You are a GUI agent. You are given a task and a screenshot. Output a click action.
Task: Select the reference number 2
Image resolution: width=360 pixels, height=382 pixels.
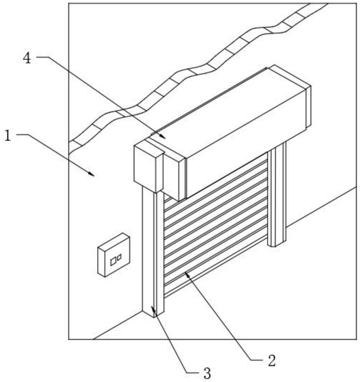[271, 360]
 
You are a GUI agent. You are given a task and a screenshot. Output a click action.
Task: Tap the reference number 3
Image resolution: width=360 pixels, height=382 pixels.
[207, 373]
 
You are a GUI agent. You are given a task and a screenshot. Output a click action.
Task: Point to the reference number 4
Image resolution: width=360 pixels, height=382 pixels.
[27, 58]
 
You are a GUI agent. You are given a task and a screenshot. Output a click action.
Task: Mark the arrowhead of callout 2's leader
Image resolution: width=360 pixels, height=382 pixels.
[186, 273]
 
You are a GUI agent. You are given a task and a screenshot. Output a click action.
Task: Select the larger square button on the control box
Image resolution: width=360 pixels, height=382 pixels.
[113, 261]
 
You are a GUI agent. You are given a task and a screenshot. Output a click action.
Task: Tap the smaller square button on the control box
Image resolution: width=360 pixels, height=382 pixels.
[119, 257]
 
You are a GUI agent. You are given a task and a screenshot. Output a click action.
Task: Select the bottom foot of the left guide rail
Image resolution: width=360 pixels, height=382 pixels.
[153, 313]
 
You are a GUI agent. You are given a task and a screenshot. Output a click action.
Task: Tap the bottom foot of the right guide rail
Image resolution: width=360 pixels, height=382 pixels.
[277, 243]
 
